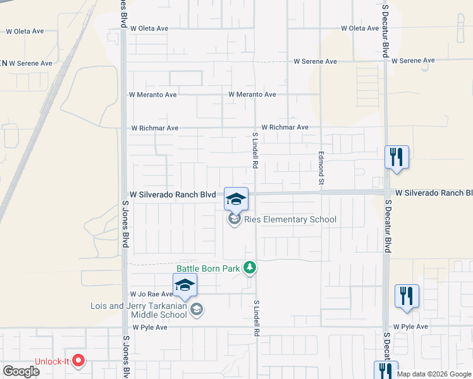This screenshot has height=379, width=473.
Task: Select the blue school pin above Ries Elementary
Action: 236,200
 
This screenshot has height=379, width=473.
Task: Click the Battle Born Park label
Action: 208,268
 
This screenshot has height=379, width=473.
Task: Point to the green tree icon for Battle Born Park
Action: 250,268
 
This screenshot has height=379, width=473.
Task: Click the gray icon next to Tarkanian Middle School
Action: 197,309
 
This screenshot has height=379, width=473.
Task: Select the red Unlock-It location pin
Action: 79,361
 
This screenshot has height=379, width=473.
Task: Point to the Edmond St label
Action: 321,168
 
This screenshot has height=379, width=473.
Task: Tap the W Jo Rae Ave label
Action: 151,294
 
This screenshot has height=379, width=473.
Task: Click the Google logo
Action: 21,371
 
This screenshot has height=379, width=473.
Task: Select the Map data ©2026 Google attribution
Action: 434,374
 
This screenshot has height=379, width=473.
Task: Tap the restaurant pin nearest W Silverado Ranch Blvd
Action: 396,158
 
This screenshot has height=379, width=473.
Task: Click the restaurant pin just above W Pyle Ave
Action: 407,297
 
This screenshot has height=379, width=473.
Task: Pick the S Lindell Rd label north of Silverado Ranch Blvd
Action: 255,150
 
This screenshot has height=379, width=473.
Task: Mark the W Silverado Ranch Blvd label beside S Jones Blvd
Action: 173,195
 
